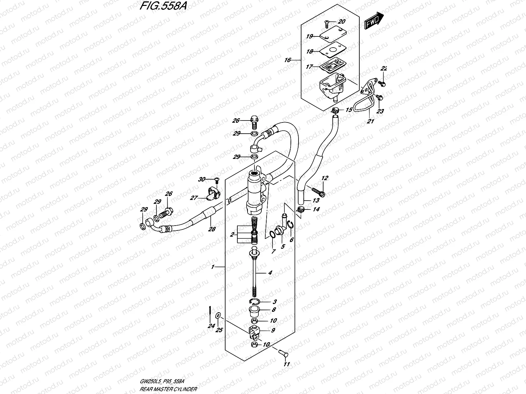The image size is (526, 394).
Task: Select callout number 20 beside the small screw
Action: [x=342, y=22]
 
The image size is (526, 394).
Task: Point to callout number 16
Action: [x=288, y=60]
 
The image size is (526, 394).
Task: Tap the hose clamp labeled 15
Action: [x=335, y=110]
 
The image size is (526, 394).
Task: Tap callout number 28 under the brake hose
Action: [x=212, y=229]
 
